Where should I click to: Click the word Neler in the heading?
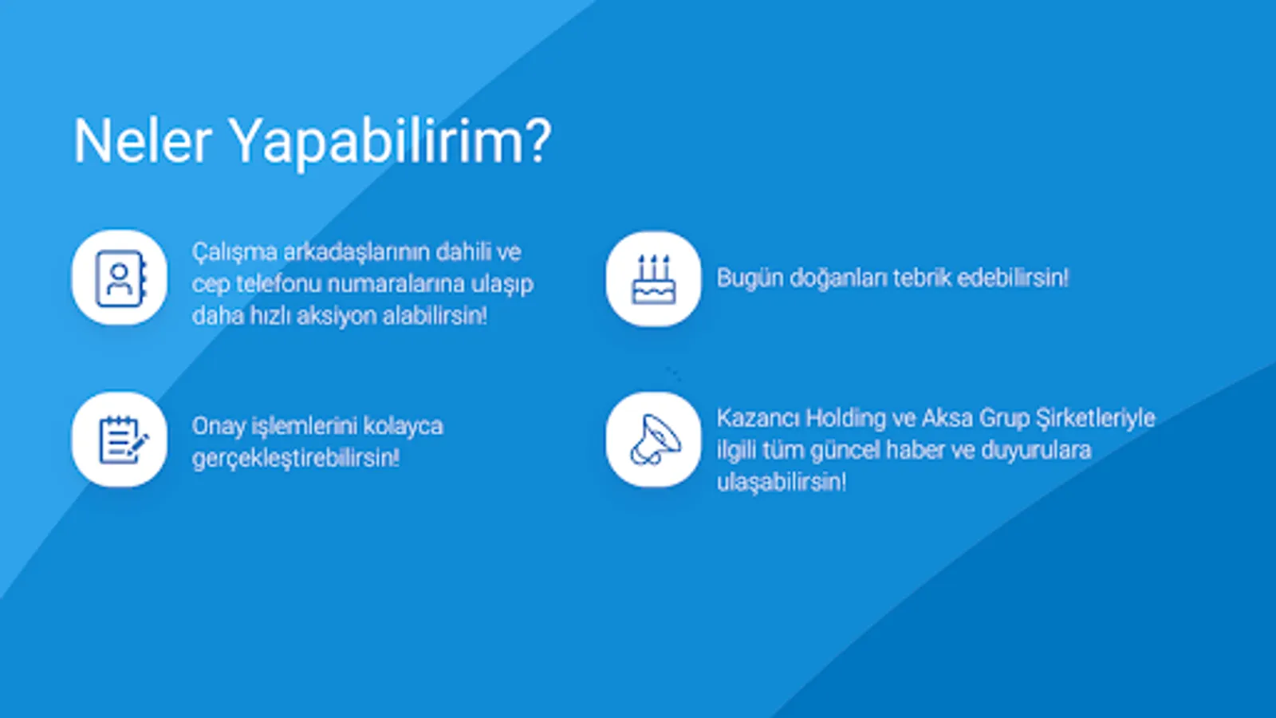(143, 140)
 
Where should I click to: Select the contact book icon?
(120, 278)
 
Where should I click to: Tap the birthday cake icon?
(653, 278)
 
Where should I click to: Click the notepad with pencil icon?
(124, 440)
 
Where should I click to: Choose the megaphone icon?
(655, 440)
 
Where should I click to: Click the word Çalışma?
(234, 253)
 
